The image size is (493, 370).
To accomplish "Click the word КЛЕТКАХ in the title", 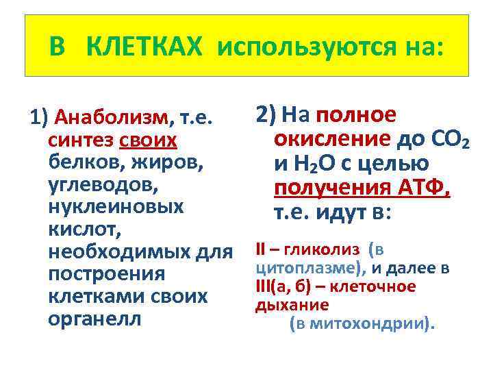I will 146,47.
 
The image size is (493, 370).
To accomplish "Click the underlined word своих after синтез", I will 149,141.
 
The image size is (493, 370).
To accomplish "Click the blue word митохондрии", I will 369,323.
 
